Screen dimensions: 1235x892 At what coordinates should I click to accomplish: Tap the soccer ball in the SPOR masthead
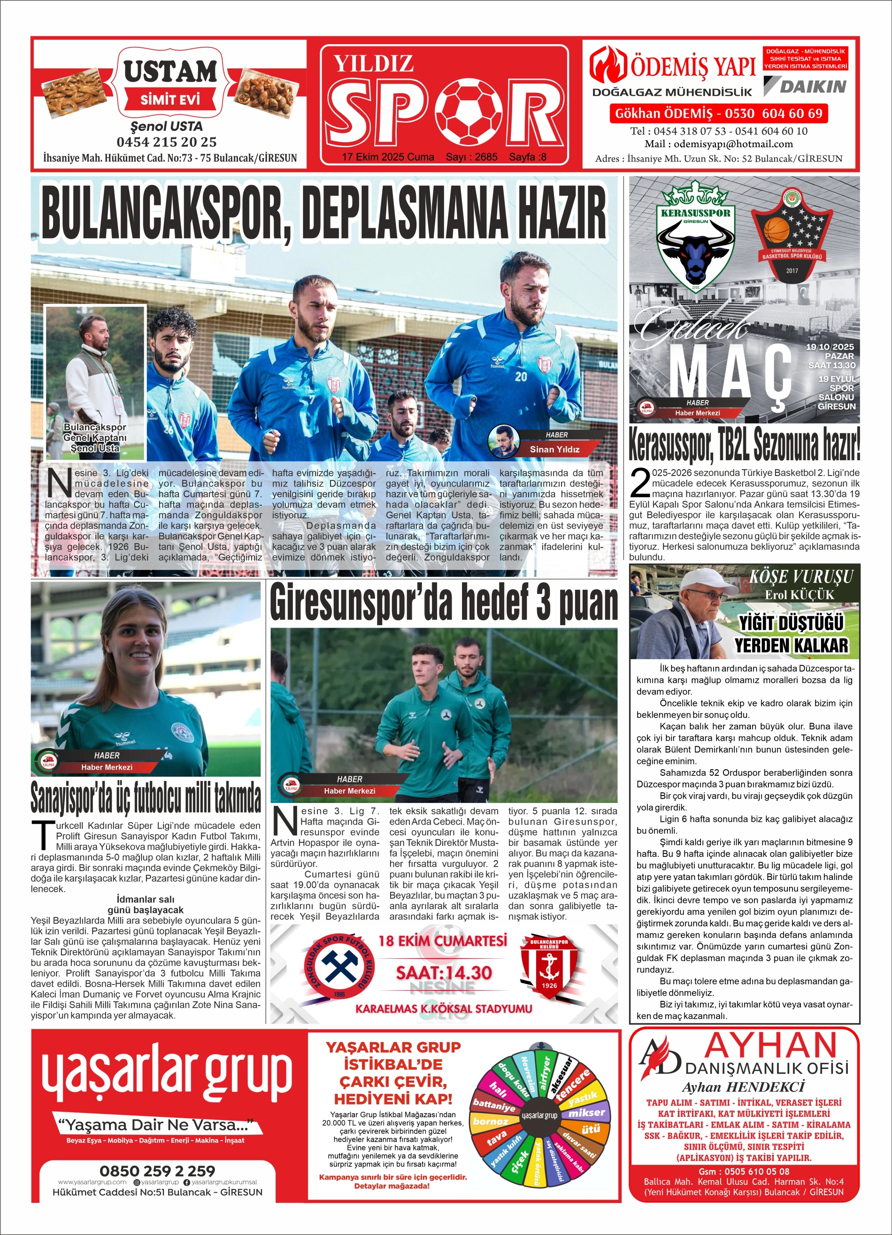472,108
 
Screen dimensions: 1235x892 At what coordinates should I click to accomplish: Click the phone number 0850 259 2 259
157,1170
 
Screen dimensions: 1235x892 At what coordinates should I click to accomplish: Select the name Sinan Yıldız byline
555,449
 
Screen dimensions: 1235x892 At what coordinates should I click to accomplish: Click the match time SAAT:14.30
444,972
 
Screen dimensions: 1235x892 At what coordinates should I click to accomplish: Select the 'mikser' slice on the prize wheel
587,1113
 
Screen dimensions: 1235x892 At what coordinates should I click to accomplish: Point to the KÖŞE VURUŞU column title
801,576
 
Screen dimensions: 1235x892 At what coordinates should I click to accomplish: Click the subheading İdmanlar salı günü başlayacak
146,904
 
